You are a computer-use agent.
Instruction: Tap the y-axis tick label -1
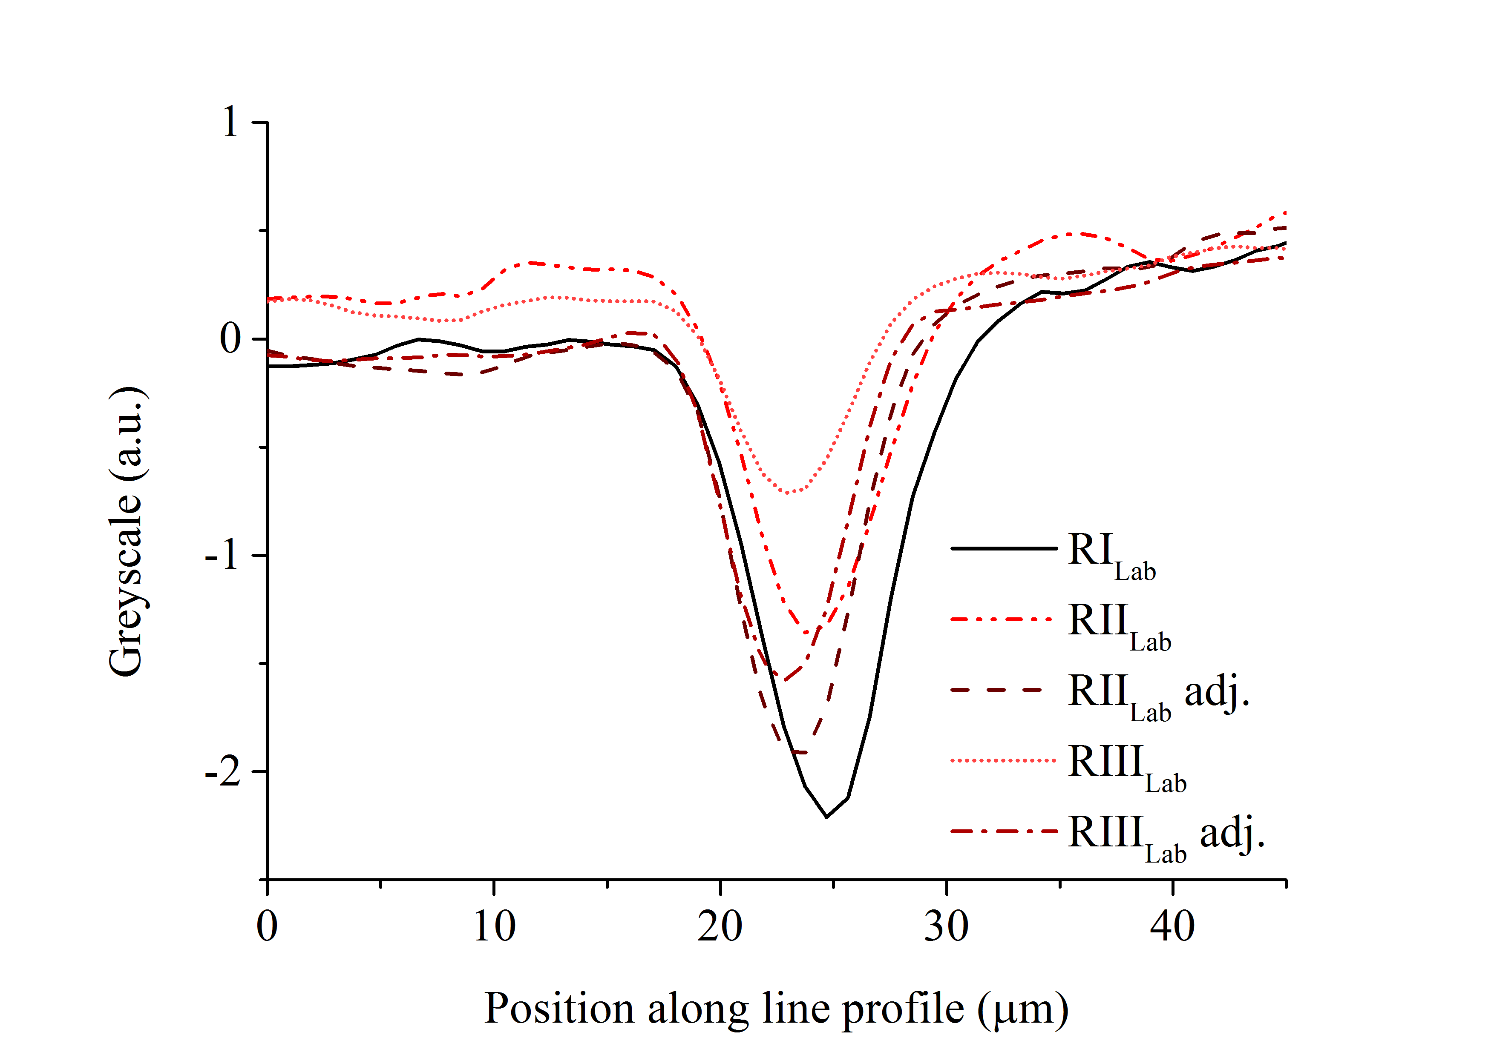click(221, 556)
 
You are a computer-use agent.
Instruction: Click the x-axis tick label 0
click(267, 926)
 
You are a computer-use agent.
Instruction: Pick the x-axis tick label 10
click(494, 926)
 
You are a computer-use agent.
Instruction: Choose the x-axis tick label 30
click(946, 926)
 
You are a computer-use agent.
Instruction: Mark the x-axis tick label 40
click(1172, 926)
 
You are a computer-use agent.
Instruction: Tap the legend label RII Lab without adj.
click(1119, 625)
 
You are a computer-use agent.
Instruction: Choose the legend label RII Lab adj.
click(1158, 695)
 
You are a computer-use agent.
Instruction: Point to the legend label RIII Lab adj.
click(1166, 837)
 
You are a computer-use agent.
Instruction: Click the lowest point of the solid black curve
click(826, 816)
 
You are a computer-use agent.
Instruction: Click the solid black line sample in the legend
click(1003, 548)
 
